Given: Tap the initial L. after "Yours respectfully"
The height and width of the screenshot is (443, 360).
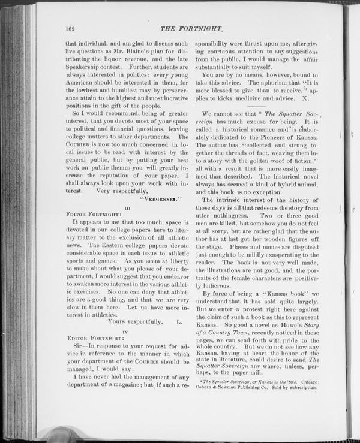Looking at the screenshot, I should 179,322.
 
